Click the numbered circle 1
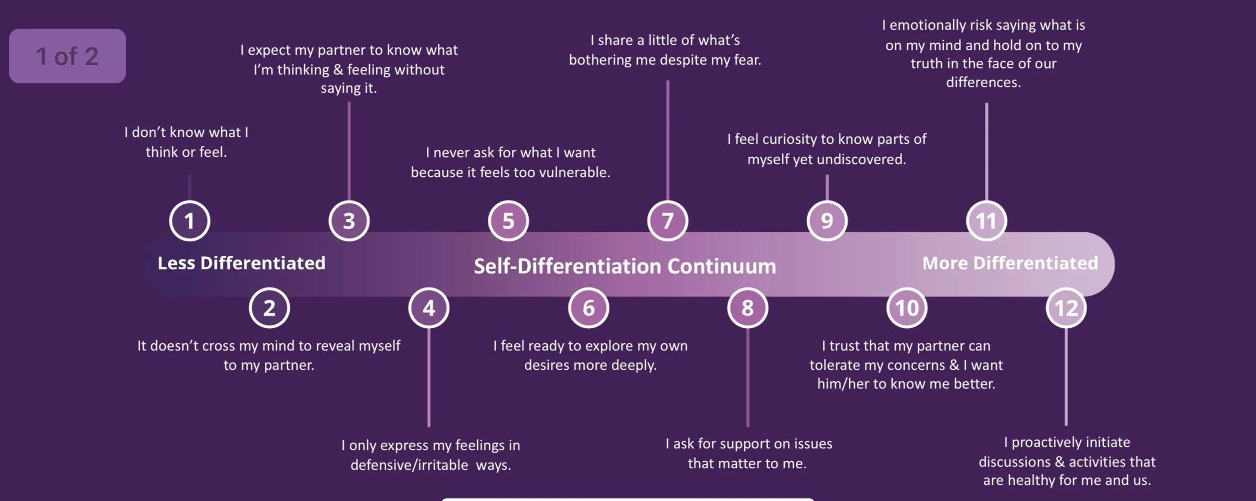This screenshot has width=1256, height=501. (190, 221)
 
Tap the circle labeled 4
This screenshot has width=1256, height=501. (429, 308)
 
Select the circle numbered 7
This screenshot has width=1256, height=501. (668, 221)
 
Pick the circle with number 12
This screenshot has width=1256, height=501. (1066, 308)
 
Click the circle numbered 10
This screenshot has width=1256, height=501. (907, 308)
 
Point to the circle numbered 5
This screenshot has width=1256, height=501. (508, 221)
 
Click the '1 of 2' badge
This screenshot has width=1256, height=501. (67, 56)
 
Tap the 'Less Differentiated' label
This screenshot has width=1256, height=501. (241, 263)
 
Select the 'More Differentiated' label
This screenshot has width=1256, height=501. (1010, 263)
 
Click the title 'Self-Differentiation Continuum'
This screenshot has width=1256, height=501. (625, 266)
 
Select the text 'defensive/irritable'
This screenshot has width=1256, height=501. (409, 465)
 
